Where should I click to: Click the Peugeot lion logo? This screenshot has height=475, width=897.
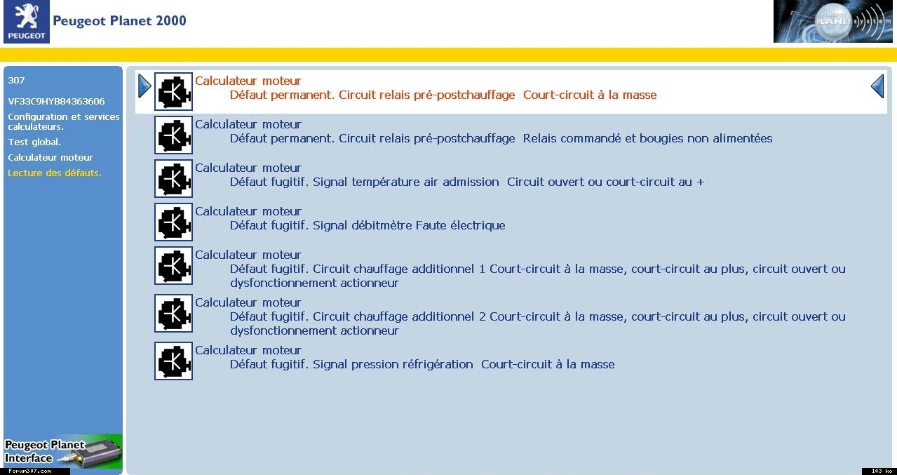point(27,21)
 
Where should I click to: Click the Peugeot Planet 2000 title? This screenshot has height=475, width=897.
point(119,21)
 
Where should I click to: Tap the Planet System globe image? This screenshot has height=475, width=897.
point(833,21)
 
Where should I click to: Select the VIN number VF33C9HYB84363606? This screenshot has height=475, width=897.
point(57,101)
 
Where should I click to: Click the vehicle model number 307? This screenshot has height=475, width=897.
point(16,80)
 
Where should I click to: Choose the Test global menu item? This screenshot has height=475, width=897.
point(34,142)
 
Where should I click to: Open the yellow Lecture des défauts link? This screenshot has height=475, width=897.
point(55,173)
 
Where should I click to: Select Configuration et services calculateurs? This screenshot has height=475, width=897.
point(64,122)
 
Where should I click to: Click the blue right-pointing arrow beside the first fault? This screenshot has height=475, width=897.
point(144,86)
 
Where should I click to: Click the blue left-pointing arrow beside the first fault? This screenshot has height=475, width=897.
point(877,86)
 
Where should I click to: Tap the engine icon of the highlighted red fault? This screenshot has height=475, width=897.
point(173,91)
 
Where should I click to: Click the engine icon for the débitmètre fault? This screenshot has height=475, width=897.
point(173,222)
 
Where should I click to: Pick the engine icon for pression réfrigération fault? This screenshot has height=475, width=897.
point(173,361)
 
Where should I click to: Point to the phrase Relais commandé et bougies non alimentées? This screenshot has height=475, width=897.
point(647,139)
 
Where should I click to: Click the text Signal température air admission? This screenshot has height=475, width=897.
point(405,182)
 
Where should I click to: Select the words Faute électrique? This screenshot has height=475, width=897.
point(460,225)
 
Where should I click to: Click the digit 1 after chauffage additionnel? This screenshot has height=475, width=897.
point(482,269)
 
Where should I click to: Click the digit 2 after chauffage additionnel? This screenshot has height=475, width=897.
point(482,317)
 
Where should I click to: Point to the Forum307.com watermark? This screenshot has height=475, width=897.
point(30,471)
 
